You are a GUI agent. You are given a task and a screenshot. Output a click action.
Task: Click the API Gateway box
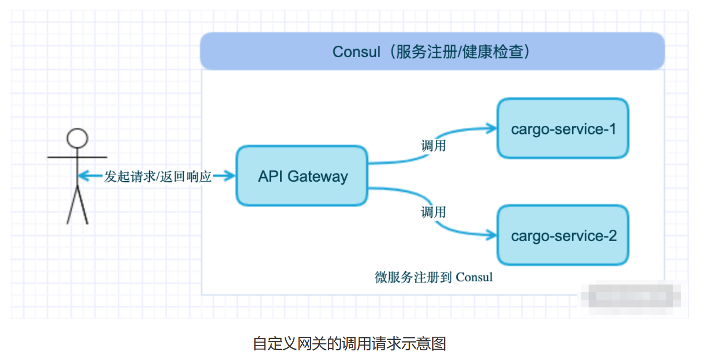[x=302, y=176]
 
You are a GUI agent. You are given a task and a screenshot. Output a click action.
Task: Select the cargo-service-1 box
[x=563, y=129]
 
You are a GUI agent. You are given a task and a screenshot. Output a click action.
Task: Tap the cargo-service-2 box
[x=563, y=235]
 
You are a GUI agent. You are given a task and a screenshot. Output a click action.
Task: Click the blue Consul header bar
[x=432, y=51]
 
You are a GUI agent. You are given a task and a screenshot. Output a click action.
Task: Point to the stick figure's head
[x=77, y=138]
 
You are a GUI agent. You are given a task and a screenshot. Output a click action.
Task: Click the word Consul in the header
[x=356, y=52]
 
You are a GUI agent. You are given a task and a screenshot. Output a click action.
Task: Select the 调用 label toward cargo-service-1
[x=433, y=146]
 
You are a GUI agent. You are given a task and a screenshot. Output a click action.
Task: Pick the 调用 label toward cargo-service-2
[x=433, y=212]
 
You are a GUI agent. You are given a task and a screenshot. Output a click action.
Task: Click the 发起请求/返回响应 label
[x=158, y=176]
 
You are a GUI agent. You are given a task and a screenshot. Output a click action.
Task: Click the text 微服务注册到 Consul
[x=434, y=277]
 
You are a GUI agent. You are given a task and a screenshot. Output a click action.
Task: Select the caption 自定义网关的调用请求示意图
[x=349, y=344]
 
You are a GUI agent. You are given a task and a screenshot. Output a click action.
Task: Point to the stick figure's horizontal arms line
[x=77, y=157]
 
